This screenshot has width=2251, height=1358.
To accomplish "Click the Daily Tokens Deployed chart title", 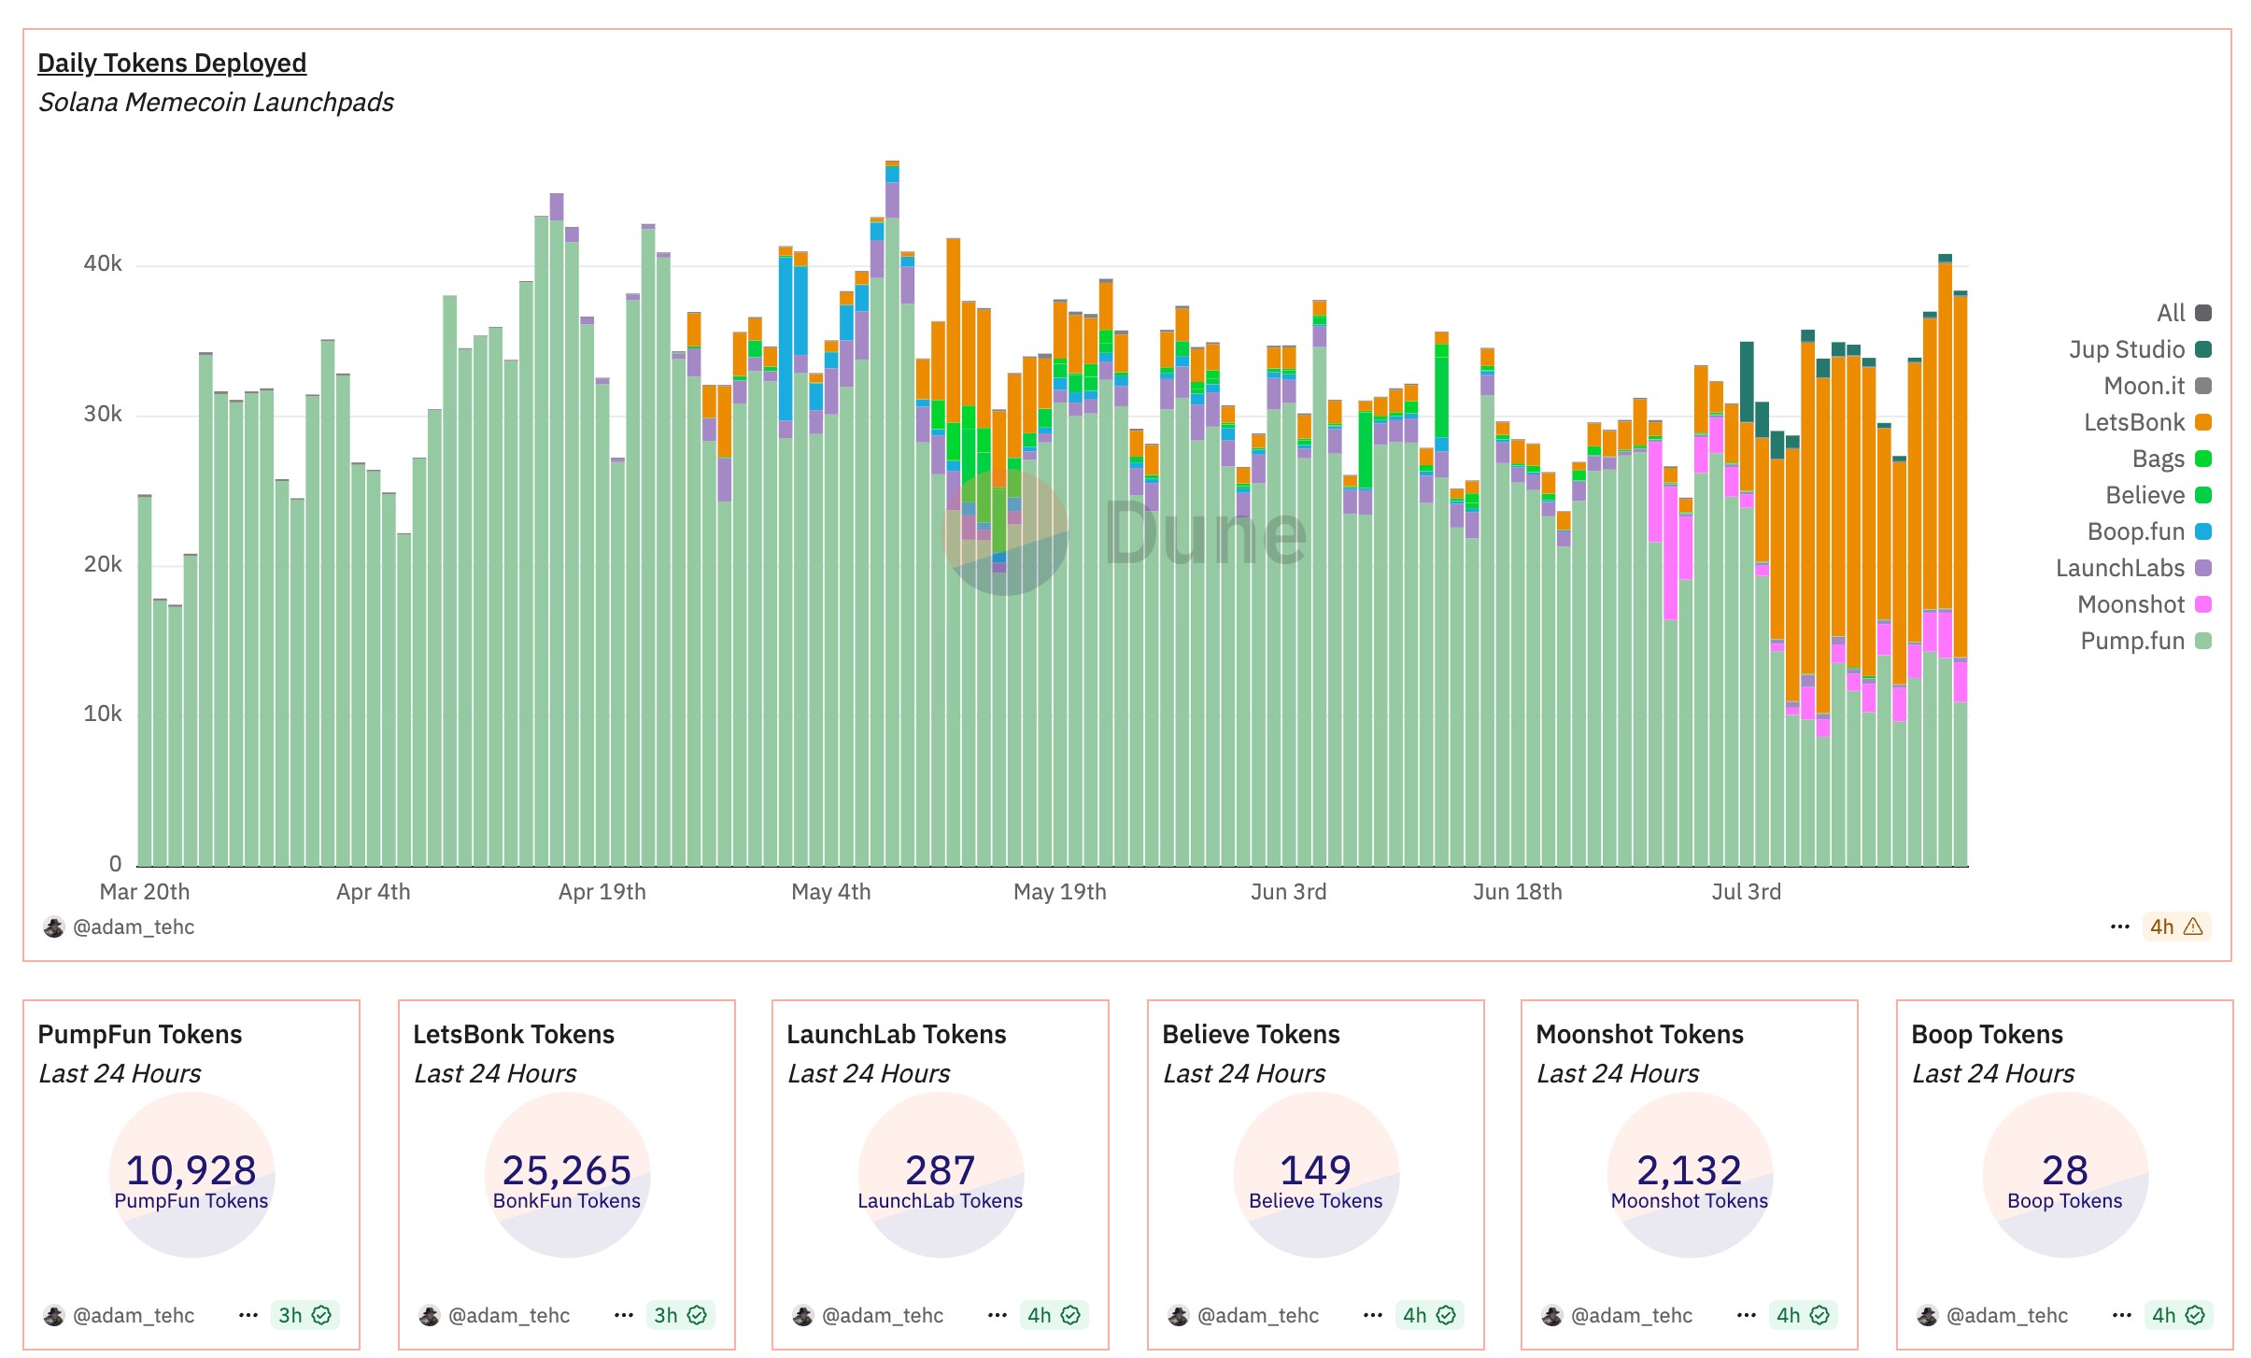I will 172,63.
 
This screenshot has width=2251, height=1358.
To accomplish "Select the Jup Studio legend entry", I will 2139,349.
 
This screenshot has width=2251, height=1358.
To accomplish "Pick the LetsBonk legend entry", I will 2146,422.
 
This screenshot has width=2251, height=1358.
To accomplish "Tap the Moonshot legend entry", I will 2143,604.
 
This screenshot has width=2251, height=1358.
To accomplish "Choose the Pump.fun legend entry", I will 2145,641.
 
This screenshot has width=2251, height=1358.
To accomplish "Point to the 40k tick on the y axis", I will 103,263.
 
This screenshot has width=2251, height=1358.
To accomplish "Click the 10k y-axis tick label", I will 103,714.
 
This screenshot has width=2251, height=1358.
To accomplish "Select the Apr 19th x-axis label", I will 602,892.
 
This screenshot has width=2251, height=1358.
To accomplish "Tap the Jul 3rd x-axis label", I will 1746,892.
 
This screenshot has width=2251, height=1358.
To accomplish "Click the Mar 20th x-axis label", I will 145,892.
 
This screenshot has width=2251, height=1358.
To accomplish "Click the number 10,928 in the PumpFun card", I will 191,1169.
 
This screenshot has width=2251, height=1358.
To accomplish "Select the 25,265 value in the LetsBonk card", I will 566,1169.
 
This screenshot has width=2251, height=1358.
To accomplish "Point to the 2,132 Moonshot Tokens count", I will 1689,1169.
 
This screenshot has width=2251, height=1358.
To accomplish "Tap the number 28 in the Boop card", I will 2064,1169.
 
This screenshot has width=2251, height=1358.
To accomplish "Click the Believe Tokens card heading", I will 1251,1034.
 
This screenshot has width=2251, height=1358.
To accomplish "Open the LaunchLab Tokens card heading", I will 896,1034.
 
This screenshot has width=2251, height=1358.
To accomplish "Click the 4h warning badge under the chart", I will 2176,927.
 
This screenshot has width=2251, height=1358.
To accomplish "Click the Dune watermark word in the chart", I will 1205,533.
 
